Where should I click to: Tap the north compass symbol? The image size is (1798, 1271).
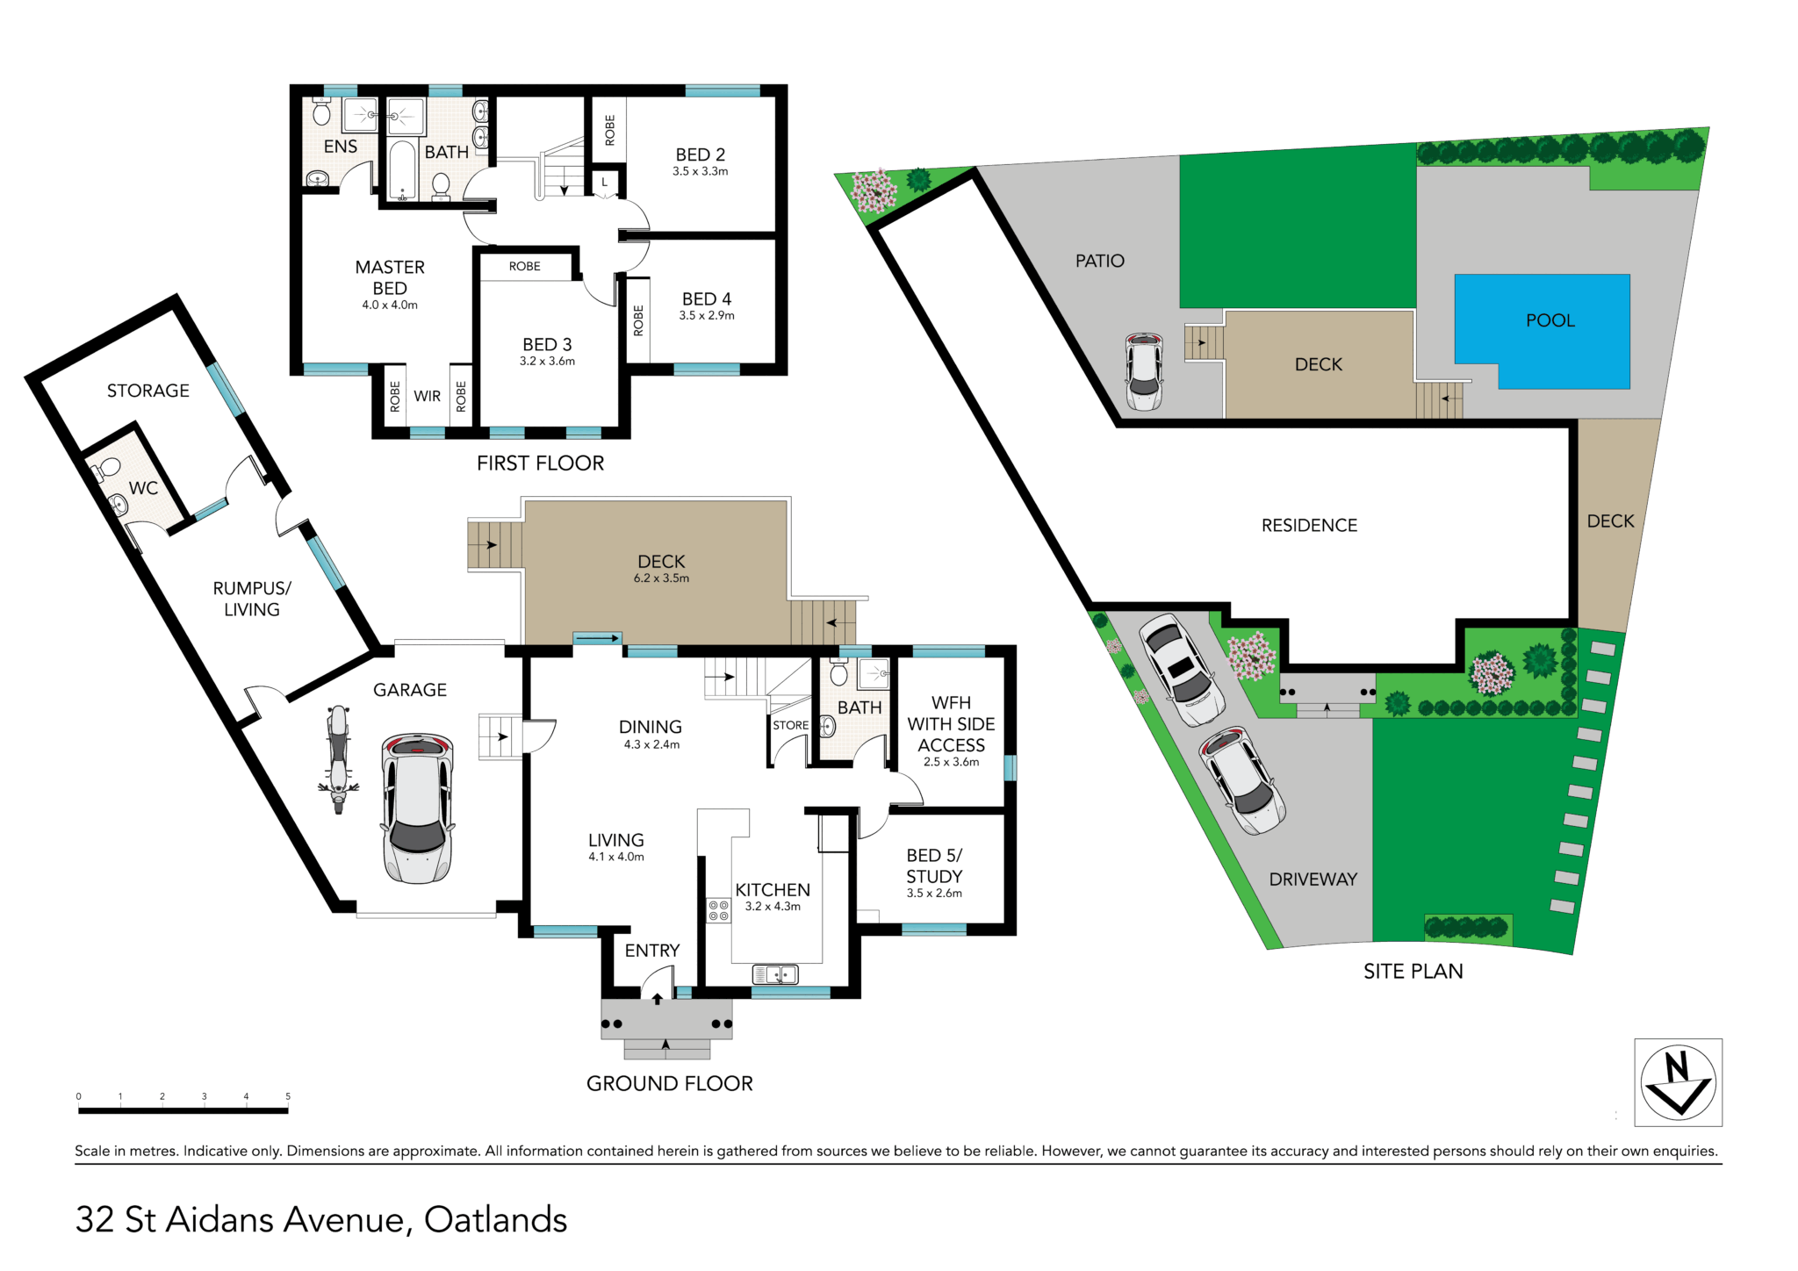pos(1678,1082)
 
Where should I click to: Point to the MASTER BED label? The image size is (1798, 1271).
pos(390,277)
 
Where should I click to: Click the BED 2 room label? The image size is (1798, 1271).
pos(701,154)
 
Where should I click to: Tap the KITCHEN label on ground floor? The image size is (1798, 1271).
pos(773,890)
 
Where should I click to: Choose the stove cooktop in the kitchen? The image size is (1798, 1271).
pos(718,910)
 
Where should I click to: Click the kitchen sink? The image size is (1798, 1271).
pos(776,974)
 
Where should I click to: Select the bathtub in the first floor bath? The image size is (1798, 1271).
pos(402,170)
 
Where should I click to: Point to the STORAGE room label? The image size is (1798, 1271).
pos(148,391)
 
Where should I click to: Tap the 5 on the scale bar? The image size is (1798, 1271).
pos(288,1096)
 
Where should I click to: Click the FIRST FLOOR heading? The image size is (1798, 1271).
pos(541,463)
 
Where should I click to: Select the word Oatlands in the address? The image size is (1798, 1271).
pos(496,1220)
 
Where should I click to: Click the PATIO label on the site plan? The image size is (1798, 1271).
pos(1100,261)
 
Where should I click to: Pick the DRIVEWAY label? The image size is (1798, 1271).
pos(1313,880)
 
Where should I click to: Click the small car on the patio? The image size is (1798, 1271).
pos(1144,371)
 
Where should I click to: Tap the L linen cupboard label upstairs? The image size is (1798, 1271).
pos(604,183)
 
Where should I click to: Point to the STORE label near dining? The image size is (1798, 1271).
pos(791,725)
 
